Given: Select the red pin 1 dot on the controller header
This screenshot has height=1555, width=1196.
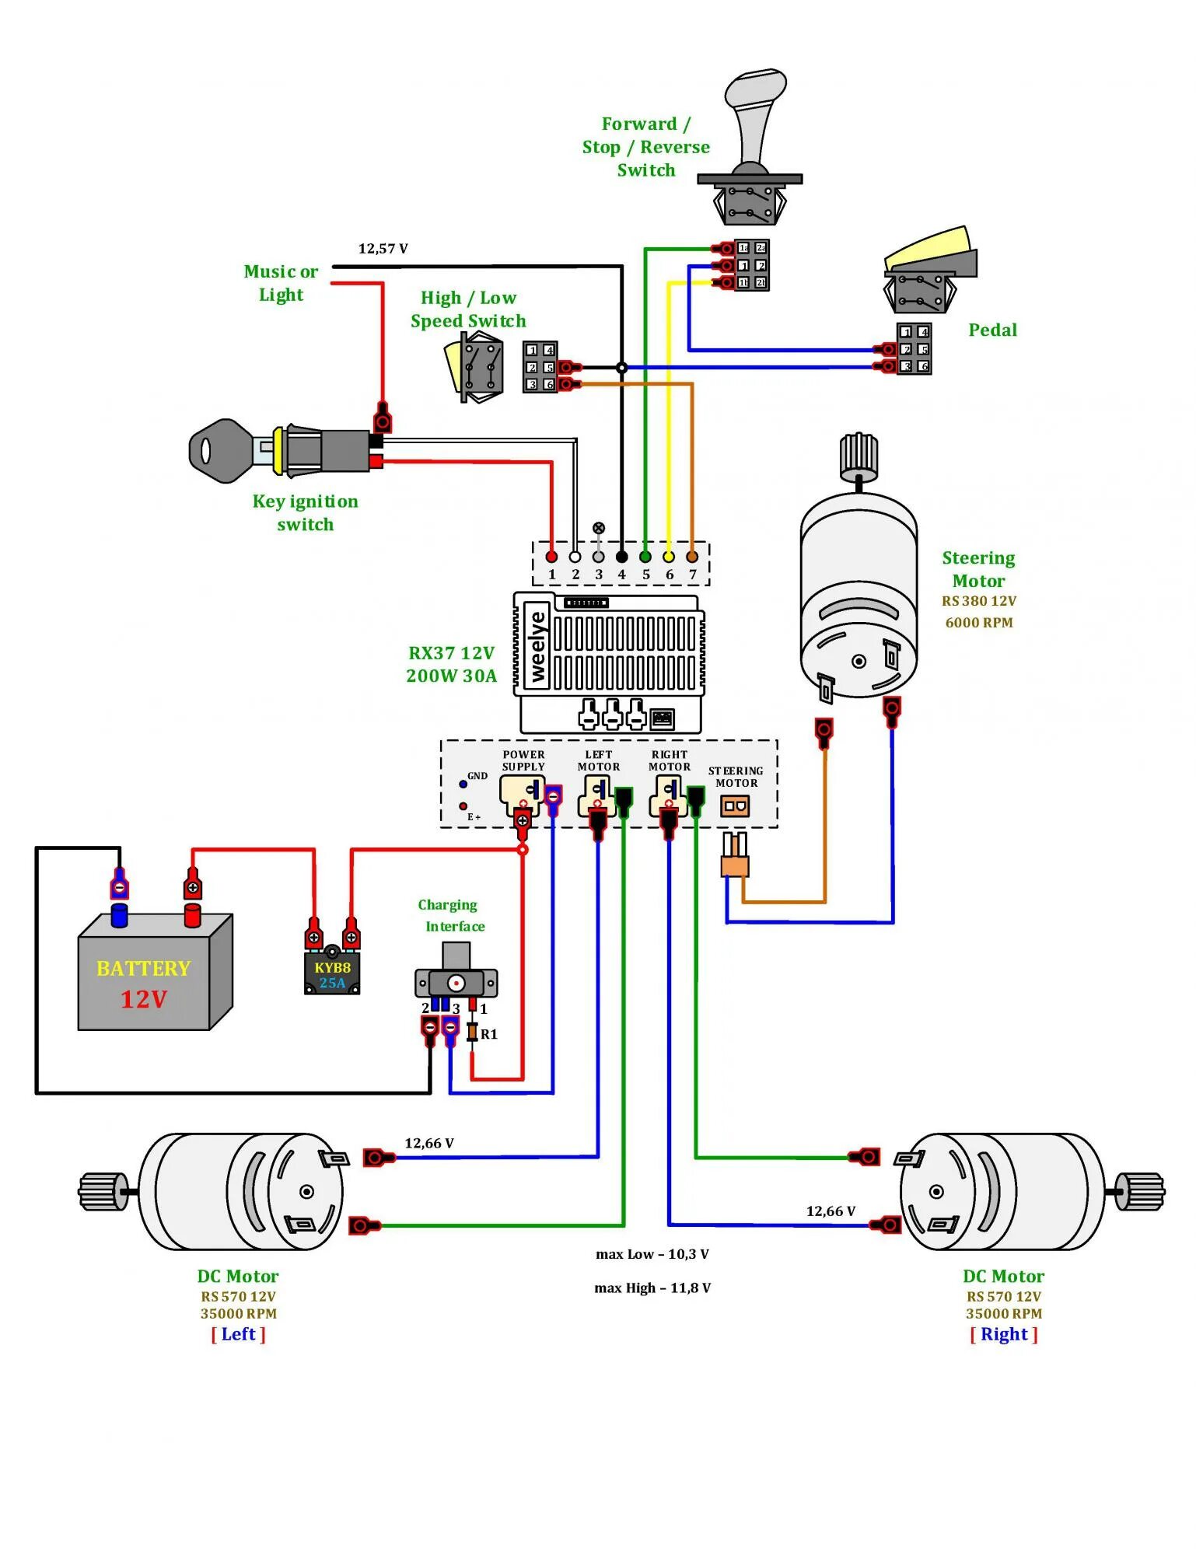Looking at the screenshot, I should coord(551,557).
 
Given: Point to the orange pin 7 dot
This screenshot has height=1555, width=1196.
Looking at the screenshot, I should coord(692,557).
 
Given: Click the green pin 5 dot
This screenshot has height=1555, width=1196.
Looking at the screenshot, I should coord(645,557).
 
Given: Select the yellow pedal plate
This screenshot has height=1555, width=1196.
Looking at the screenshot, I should coord(926,248).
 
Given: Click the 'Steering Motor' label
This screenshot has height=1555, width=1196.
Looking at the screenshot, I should coord(978,569).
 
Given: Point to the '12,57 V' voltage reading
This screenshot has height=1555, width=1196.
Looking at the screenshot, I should coord(383,249).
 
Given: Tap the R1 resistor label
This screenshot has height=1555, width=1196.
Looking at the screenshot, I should coord(488,1034).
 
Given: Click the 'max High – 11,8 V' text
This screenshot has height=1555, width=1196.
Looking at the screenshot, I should coord(652,1288).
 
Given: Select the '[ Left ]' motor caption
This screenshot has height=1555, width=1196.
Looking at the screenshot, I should coord(238,1334).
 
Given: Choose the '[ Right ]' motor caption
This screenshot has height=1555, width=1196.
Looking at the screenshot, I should coord(1003,1334).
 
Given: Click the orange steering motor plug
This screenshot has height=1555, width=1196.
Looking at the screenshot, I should coord(735,865).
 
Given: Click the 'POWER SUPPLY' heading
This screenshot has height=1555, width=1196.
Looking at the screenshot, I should coord(523,760).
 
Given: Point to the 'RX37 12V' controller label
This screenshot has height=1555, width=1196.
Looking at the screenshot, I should coord(451,653).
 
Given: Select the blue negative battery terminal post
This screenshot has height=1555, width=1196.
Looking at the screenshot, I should coord(119,915).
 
